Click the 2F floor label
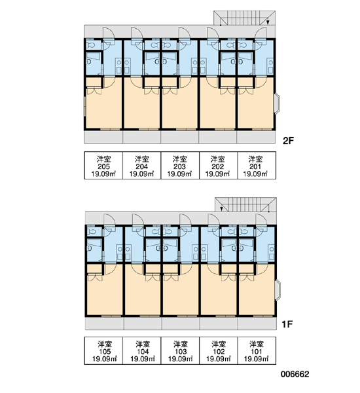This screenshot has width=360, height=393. pyautogui.click(x=288, y=141)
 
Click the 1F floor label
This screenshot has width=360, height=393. pyautogui.click(x=287, y=324)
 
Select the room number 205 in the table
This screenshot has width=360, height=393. pyautogui.click(x=103, y=166)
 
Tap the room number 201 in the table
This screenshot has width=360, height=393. pyautogui.click(x=255, y=166)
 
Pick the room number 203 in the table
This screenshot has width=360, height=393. pyautogui.click(x=179, y=166)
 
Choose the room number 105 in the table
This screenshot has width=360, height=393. pyautogui.click(x=104, y=351)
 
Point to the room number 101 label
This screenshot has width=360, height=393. pyautogui.click(x=256, y=351)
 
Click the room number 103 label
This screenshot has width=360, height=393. pyautogui.click(x=181, y=351)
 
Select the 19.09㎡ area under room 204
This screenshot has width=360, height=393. pyautogui.click(x=141, y=174)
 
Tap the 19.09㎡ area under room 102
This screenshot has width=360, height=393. pyautogui.click(x=218, y=359)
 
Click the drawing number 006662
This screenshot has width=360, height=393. pyautogui.click(x=295, y=374)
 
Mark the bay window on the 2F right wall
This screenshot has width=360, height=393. pyautogui.click(x=278, y=103)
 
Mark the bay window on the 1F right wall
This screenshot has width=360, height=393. pyautogui.click(x=278, y=290)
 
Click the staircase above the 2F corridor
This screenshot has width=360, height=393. pyautogui.click(x=244, y=18)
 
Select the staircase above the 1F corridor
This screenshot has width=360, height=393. pyautogui.click(x=245, y=204)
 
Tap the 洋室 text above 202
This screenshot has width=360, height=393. pyautogui.click(x=217, y=159)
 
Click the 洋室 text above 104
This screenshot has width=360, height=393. pyautogui.click(x=143, y=344)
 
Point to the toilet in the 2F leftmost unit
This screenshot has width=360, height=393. pyautogui.click(x=91, y=45)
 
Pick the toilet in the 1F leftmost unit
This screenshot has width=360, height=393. pyautogui.click(x=92, y=232)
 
